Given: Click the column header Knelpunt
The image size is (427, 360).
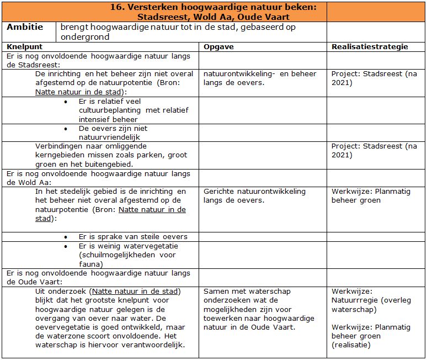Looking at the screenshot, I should click(24, 46).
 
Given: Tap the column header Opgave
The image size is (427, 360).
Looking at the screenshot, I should click(218, 46).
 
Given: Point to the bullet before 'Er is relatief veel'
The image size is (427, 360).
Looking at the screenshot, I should click(66, 102).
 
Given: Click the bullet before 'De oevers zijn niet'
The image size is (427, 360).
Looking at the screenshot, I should click(66, 129).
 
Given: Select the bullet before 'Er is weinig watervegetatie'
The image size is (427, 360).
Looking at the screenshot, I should click(66, 247).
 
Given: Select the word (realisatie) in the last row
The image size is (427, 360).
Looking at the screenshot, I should click(351, 345).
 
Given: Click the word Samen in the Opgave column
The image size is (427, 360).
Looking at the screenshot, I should click(216, 291).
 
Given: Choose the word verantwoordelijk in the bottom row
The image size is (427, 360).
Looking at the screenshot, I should click(152, 345).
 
